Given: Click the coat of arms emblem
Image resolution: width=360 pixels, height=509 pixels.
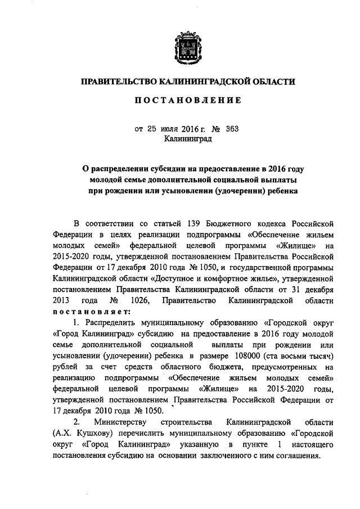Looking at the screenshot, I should pos(188,48).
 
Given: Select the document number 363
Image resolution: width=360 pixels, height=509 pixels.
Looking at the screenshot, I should pos(232,128).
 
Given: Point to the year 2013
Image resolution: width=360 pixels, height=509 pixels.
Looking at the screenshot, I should pos(61,301).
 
